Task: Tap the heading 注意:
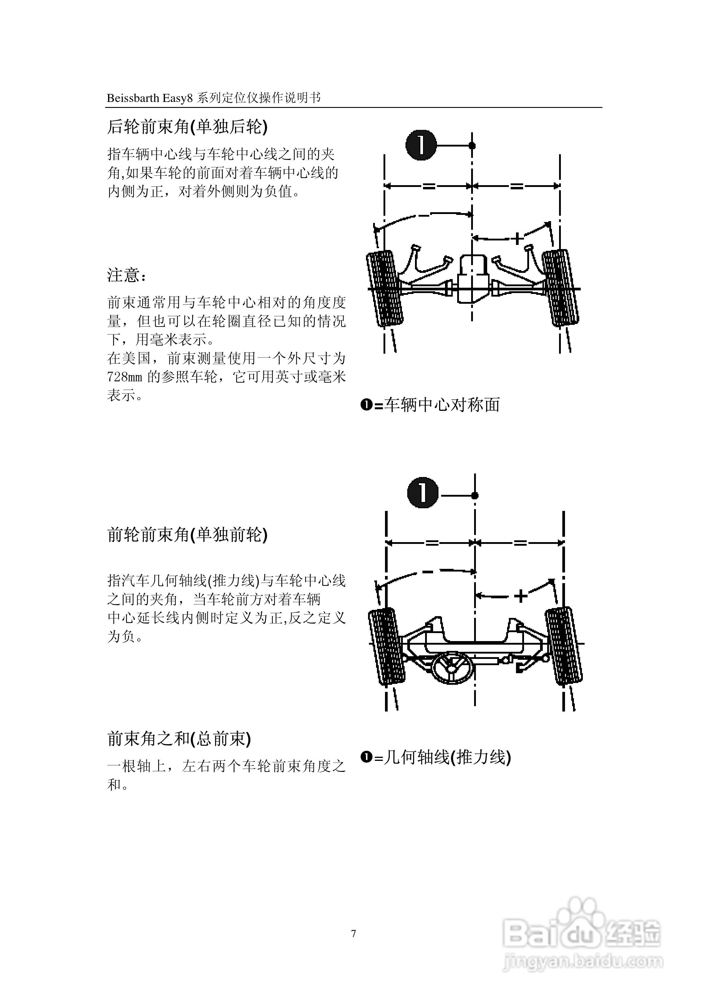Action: (x=127, y=276)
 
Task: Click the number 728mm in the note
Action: (x=125, y=377)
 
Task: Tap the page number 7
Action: (x=353, y=934)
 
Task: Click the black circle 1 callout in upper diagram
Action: (x=421, y=145)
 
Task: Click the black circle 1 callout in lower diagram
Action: (x=423, y=493)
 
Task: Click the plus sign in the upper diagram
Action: (x=517, y=238)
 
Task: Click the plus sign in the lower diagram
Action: (x=520, y=596)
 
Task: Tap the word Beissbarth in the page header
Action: (x=133, y=98)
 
